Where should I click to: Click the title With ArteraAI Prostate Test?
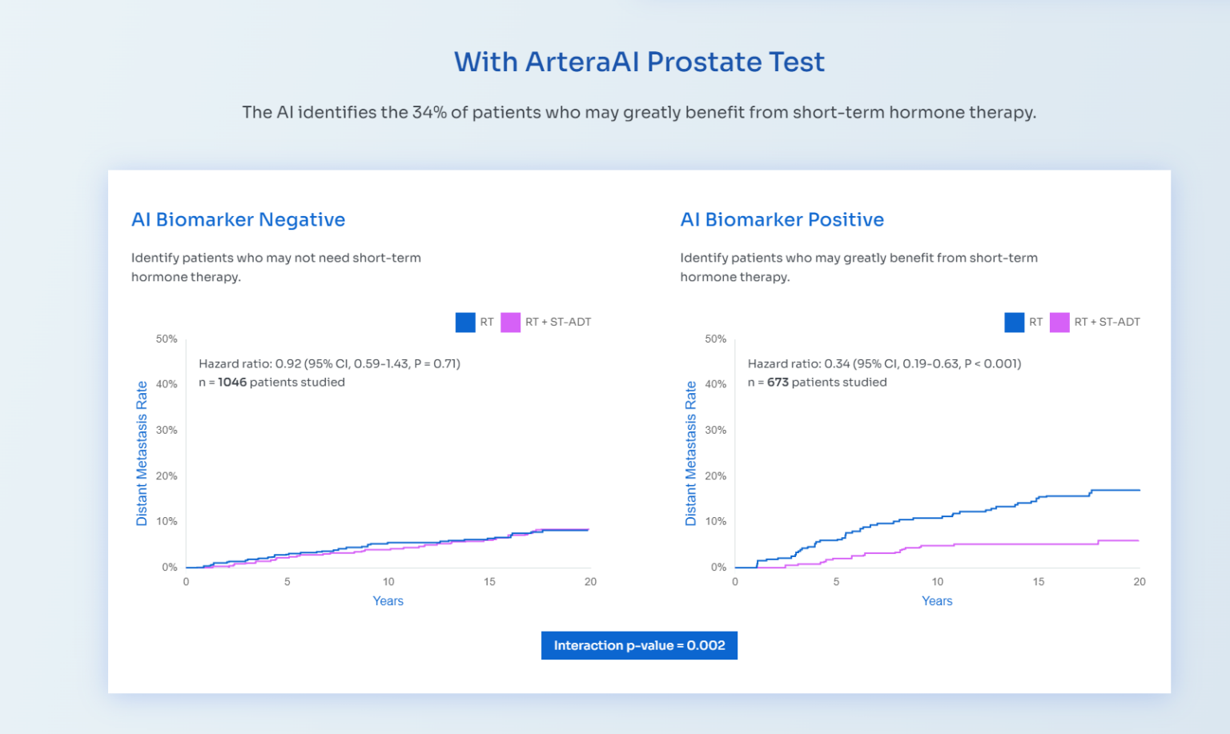click(x=639, y=62)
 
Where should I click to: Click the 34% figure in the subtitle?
click(x=429, y=113)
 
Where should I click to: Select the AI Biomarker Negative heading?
click(x=238, y=220)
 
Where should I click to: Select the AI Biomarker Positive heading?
click(x=782, y=220)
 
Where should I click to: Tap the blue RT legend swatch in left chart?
click(x=465, y=323)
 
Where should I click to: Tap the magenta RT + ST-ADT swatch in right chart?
click(x=1059, y=323)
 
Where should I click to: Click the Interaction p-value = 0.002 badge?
click(x=639, y=646)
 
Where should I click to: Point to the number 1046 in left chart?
click(x=232, y=383)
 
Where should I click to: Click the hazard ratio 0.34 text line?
click(x=884, y=364)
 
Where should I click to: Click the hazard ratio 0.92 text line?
click(x=329, y=364)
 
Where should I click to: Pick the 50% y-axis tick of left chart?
click(x=167, y=339)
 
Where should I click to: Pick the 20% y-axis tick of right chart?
click(x=716, y=476)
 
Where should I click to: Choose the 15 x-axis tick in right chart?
click(x=1039, y=582)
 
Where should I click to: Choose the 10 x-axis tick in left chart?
click(x=388, y=582)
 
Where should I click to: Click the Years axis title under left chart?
click(x=388, y=601)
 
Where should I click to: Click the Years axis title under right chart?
click(x=937, y=601)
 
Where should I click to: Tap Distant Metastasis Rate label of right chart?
click(x=691, y=453)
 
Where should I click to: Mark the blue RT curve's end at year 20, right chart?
click(x=1139, y=490)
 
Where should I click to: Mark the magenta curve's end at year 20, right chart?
click(x=1138, y=541)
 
